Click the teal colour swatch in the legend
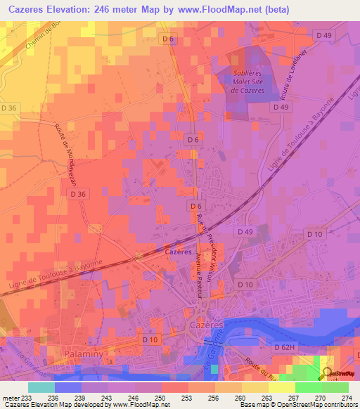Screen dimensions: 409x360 click(41, 387)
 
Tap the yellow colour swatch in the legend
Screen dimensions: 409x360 click(281, 387)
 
